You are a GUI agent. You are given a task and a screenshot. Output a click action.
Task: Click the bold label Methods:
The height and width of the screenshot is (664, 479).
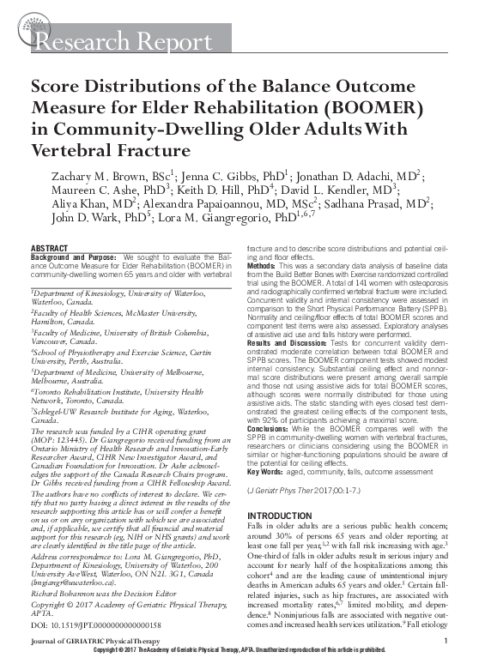pyautogui.click(x=265, y=267)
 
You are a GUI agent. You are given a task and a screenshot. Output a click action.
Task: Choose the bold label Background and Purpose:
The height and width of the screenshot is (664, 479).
pyautogui.click(x=76, y=257)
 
